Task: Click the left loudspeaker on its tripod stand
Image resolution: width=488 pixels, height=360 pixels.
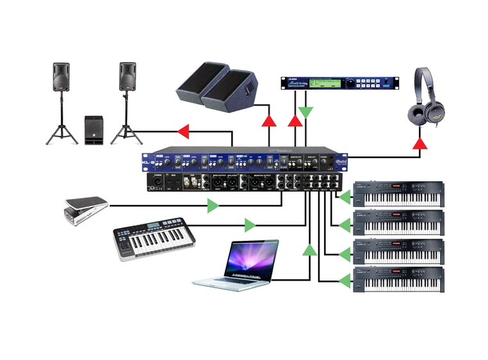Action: pyautogui.click(x=61, y=77)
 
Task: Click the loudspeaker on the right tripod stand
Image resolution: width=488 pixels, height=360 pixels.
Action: pyautogui.click(x=128, y=77)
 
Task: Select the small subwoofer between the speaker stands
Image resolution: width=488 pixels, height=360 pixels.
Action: pyautogui.click(x=94, y=130)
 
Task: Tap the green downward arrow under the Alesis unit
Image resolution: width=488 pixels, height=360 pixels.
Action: pyautogui.click(x=307, y=113)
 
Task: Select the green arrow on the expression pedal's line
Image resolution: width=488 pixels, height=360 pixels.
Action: pyautogui.click(x=213, y=206)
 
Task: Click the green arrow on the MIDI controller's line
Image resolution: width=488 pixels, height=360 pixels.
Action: pyautogui.click(x=250, y=225)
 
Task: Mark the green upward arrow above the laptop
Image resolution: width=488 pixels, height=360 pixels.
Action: pyautogui.click(x=310, y=250)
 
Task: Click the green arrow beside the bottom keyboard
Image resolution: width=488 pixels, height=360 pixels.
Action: pyautogui.click(x=345, y=281)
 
